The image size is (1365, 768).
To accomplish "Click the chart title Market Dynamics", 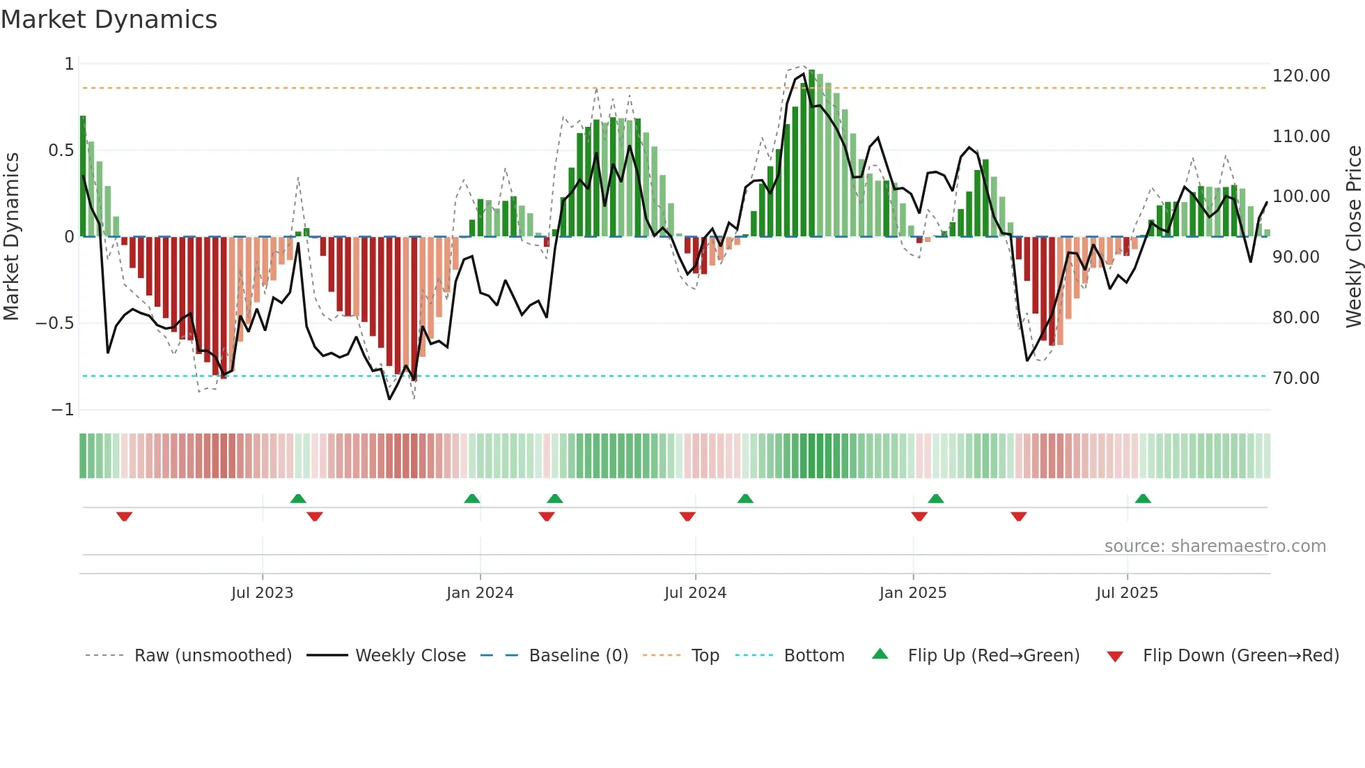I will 109,20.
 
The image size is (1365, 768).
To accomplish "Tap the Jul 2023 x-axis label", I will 262,593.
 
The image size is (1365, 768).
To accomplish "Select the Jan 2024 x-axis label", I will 480,593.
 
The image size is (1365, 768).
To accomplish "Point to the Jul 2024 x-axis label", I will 695,593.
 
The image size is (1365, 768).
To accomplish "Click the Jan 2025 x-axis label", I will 913,593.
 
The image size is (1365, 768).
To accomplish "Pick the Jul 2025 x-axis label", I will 1127,593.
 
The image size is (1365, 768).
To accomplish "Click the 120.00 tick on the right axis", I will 1301,76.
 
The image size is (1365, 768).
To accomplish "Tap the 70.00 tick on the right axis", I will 1295,378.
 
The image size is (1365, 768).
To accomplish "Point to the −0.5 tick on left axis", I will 54,323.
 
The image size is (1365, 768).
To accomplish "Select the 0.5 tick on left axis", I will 61,151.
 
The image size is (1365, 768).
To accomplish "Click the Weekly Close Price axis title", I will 1353,237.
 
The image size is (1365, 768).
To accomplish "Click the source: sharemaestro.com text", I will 1215,546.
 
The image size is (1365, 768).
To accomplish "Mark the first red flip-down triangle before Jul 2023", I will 125,516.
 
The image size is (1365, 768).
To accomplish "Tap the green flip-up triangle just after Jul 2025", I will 1143,498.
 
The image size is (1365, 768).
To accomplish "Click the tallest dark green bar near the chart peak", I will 812,153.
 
